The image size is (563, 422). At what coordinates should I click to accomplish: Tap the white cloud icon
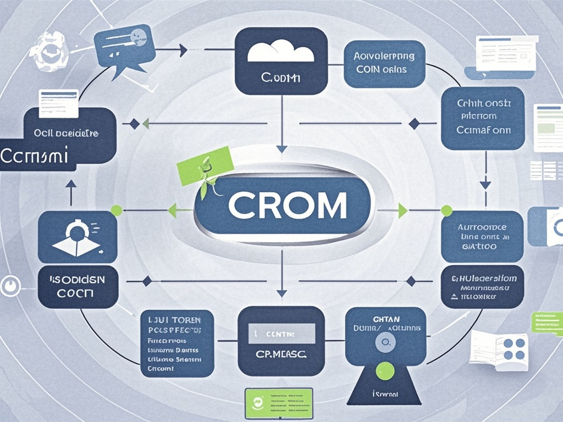pyautogui.click(x=280, y=53)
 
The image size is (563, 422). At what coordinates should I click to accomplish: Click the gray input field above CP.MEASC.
pyautogui.click(x=281, y=333)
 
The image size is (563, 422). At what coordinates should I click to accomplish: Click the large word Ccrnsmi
pyautogui.click(x=34, y=156)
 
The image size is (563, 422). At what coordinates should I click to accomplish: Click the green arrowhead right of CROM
pyautogui.click(x=402, y=210)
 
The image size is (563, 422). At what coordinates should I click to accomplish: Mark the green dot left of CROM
pyautogui.click(x=116, y=210)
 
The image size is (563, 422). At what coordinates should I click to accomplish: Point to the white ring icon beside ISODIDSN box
pyautogui.click(x=9, y=286)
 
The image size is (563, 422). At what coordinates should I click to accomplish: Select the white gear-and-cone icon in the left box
pyautogui.click(x=78, y=237)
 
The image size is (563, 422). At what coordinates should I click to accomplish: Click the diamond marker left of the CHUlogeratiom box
pyautogui.click(x=411, y=281)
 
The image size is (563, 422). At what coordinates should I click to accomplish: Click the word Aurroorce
pyautogui.click(x=482, y=226)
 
